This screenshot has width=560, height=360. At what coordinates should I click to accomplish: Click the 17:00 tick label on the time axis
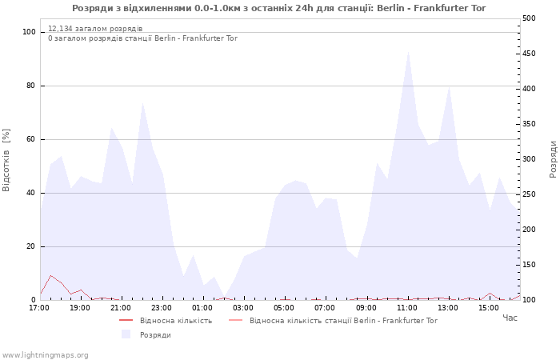(39, 308)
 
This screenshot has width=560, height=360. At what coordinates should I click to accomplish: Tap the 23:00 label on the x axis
(162, 308)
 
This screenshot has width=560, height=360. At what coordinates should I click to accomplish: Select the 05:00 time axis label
(284, 308)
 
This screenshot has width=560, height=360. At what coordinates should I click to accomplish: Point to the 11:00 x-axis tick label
(406, 308)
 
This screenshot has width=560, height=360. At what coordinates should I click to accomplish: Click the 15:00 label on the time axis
(489, 308)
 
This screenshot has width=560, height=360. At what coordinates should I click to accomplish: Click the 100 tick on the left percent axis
(30, 32)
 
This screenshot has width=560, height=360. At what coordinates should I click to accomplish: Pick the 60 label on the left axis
(31, 139)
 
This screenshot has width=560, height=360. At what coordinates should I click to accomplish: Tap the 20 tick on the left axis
(31, 246)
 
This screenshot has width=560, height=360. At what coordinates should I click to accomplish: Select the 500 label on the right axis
(529, 18)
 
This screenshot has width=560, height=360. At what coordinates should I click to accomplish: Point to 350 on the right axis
(529, 124)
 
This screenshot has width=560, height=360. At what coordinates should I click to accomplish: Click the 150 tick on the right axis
(529, 265)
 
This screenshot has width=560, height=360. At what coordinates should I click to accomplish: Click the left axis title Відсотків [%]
(6, 160)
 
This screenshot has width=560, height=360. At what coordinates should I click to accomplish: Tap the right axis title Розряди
(553, 159)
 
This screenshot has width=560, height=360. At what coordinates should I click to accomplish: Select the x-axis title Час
(510, 318)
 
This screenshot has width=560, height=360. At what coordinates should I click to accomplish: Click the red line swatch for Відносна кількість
(126, 320)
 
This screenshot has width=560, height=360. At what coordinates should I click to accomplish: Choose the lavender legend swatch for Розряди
(126, 334)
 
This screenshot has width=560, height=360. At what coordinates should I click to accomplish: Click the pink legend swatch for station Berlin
(235, 320)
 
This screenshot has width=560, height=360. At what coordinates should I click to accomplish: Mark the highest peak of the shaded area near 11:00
(408, 52)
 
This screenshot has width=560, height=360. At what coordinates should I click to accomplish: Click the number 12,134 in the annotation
(60, 29)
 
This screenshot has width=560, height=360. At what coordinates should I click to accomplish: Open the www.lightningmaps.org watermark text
(45, 355)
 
